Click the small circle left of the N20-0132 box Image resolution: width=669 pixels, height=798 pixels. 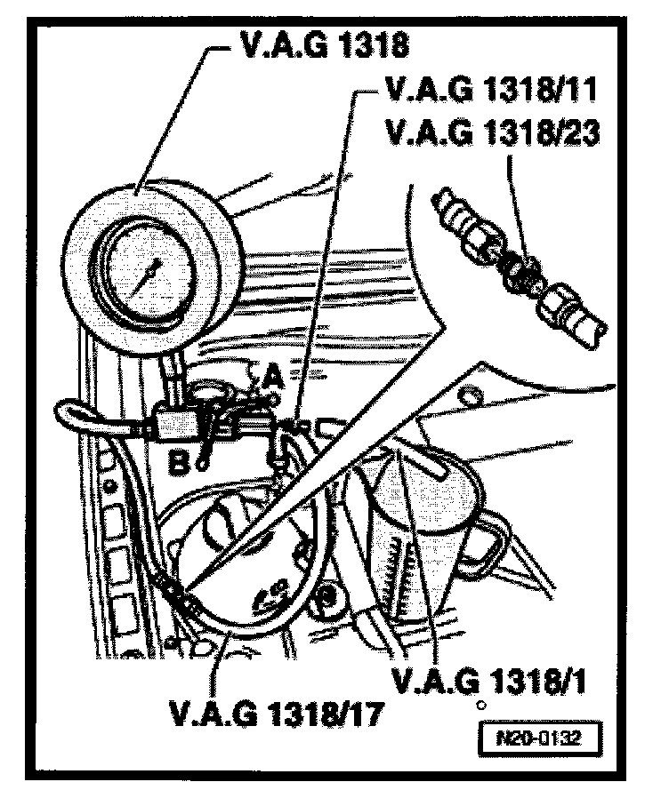click(x=480, y=706)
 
